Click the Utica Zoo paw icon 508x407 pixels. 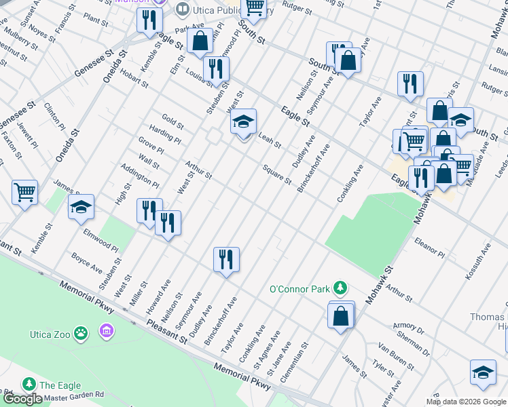pos(81,333)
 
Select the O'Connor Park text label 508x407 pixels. pos(300,288)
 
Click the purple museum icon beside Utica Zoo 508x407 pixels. pos(105,331)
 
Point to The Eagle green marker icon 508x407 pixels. pos(29,384)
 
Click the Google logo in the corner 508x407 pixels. pos(22,399)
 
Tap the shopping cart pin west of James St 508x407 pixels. pos(24,193)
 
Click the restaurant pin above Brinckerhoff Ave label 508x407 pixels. pos(226,259)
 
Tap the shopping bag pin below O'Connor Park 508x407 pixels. pos(340,315)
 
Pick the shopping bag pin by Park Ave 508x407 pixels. pos(200,40)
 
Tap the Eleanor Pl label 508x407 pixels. pos(429,248)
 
